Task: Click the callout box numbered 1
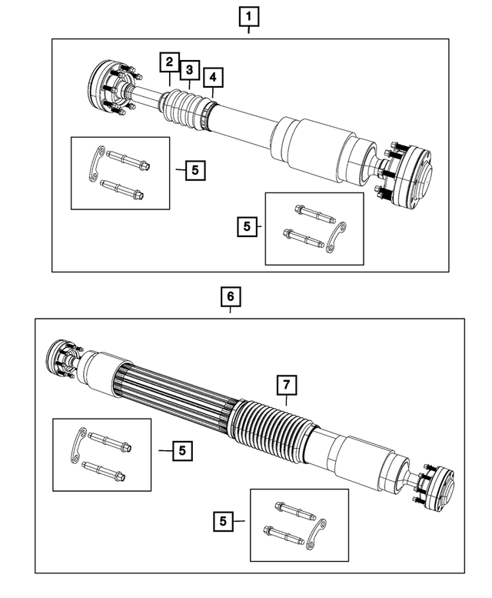pyautogui.click(x=248, y=15)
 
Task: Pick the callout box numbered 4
pyautogui.click(x=213, y=77)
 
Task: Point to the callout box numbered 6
pyautogui.click(x=230, y=296)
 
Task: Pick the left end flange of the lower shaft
pyautogui.click(x=64, y=357)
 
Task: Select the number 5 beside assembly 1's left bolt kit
pyautogui.click(x=195, y=169)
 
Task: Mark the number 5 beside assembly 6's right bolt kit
pyautogui.click(x=223, y=522)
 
